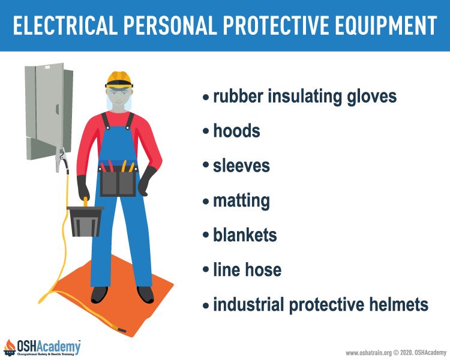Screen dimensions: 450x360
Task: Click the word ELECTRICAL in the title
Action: pos(65,25)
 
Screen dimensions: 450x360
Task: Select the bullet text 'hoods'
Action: pos(236,131)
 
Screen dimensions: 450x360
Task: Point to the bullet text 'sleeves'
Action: pos(241,166)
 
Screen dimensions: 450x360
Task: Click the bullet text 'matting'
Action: pos(241,201)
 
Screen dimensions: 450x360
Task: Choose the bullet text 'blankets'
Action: pos(245,235)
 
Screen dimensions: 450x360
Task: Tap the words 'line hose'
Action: pos(247,269)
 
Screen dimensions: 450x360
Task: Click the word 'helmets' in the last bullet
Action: pos(398,304)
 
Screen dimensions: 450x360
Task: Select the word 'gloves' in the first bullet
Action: pos(372,96)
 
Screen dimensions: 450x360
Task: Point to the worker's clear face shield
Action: pos(119,98)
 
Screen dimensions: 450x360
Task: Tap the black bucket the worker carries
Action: pos(85,221)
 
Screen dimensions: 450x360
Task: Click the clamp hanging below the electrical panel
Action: pos(62,160)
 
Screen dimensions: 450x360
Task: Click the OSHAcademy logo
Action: pos(42,347)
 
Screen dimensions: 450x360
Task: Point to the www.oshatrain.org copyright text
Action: pos(396,353)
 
